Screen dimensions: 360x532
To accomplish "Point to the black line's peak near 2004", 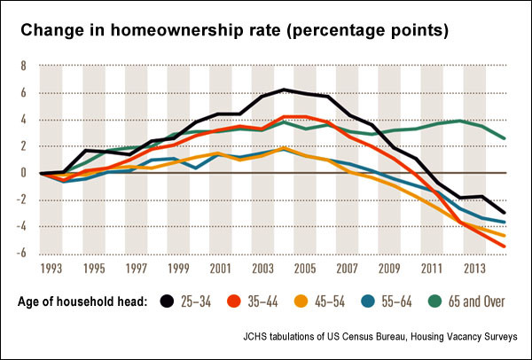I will coord(283,90).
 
